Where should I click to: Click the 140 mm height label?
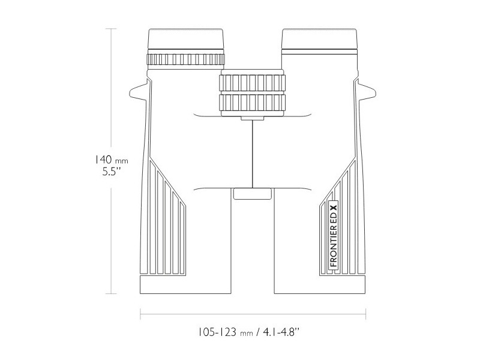(x=111, y=160)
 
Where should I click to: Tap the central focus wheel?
(x=252, y=92)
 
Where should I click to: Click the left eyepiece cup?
(x=186, y=41)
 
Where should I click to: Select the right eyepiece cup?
(x=320, y=41)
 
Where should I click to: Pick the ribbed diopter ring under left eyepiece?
(x=186, y=59)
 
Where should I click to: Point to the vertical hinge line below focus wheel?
(x=252, y=153)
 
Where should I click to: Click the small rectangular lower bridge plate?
(x=252, y=193)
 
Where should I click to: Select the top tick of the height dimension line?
(x=110, y=28)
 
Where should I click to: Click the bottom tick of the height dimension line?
(x=110, y=293)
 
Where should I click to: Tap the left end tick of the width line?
(x=140, y=313)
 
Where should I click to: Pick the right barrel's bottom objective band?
(x=320, y=284)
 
